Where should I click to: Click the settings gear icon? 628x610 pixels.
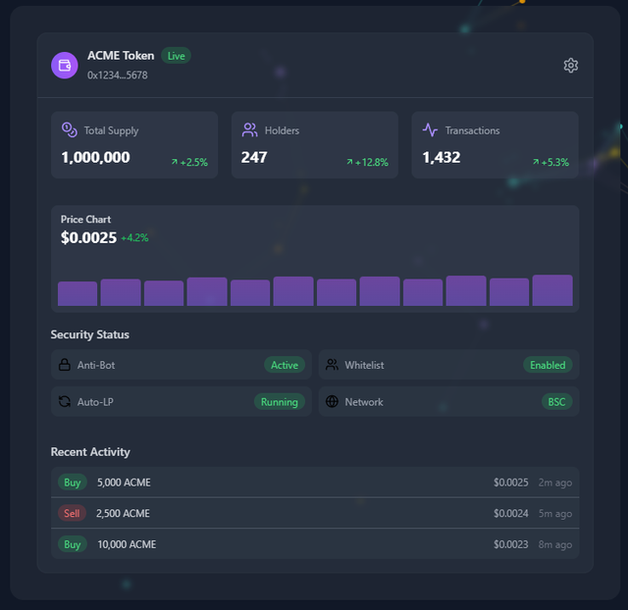click(571, 65)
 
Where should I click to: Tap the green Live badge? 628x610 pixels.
click(176, 56)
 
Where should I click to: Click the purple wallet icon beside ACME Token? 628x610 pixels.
click(65, 65)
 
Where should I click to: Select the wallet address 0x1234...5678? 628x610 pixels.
click(117, 76)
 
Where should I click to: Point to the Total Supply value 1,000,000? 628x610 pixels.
click(95, 157)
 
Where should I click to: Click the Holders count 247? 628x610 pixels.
click(254, 157)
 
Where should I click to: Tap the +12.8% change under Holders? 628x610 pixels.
click(367, 163)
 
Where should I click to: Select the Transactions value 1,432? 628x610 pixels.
click(442, 157)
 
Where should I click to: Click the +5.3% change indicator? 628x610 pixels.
click(549, 163)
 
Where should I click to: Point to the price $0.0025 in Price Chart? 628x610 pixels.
click(88, 237)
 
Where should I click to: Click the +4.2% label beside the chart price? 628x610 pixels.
click(134, 237)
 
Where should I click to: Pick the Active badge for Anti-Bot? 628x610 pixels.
click(285, 365)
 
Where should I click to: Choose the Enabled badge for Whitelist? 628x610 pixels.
click(548, 365)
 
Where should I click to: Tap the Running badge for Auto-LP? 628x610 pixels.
click(280, 402)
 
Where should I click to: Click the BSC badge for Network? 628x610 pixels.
click(556, 402)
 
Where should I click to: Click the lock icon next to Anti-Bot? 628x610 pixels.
click(65, 365)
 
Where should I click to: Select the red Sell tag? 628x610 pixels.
click(73, 513)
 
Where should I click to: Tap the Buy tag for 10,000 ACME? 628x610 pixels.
click(73, 544)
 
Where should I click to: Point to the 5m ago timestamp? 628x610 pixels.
click(555, 513)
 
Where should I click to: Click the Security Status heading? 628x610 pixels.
click(90, 334)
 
